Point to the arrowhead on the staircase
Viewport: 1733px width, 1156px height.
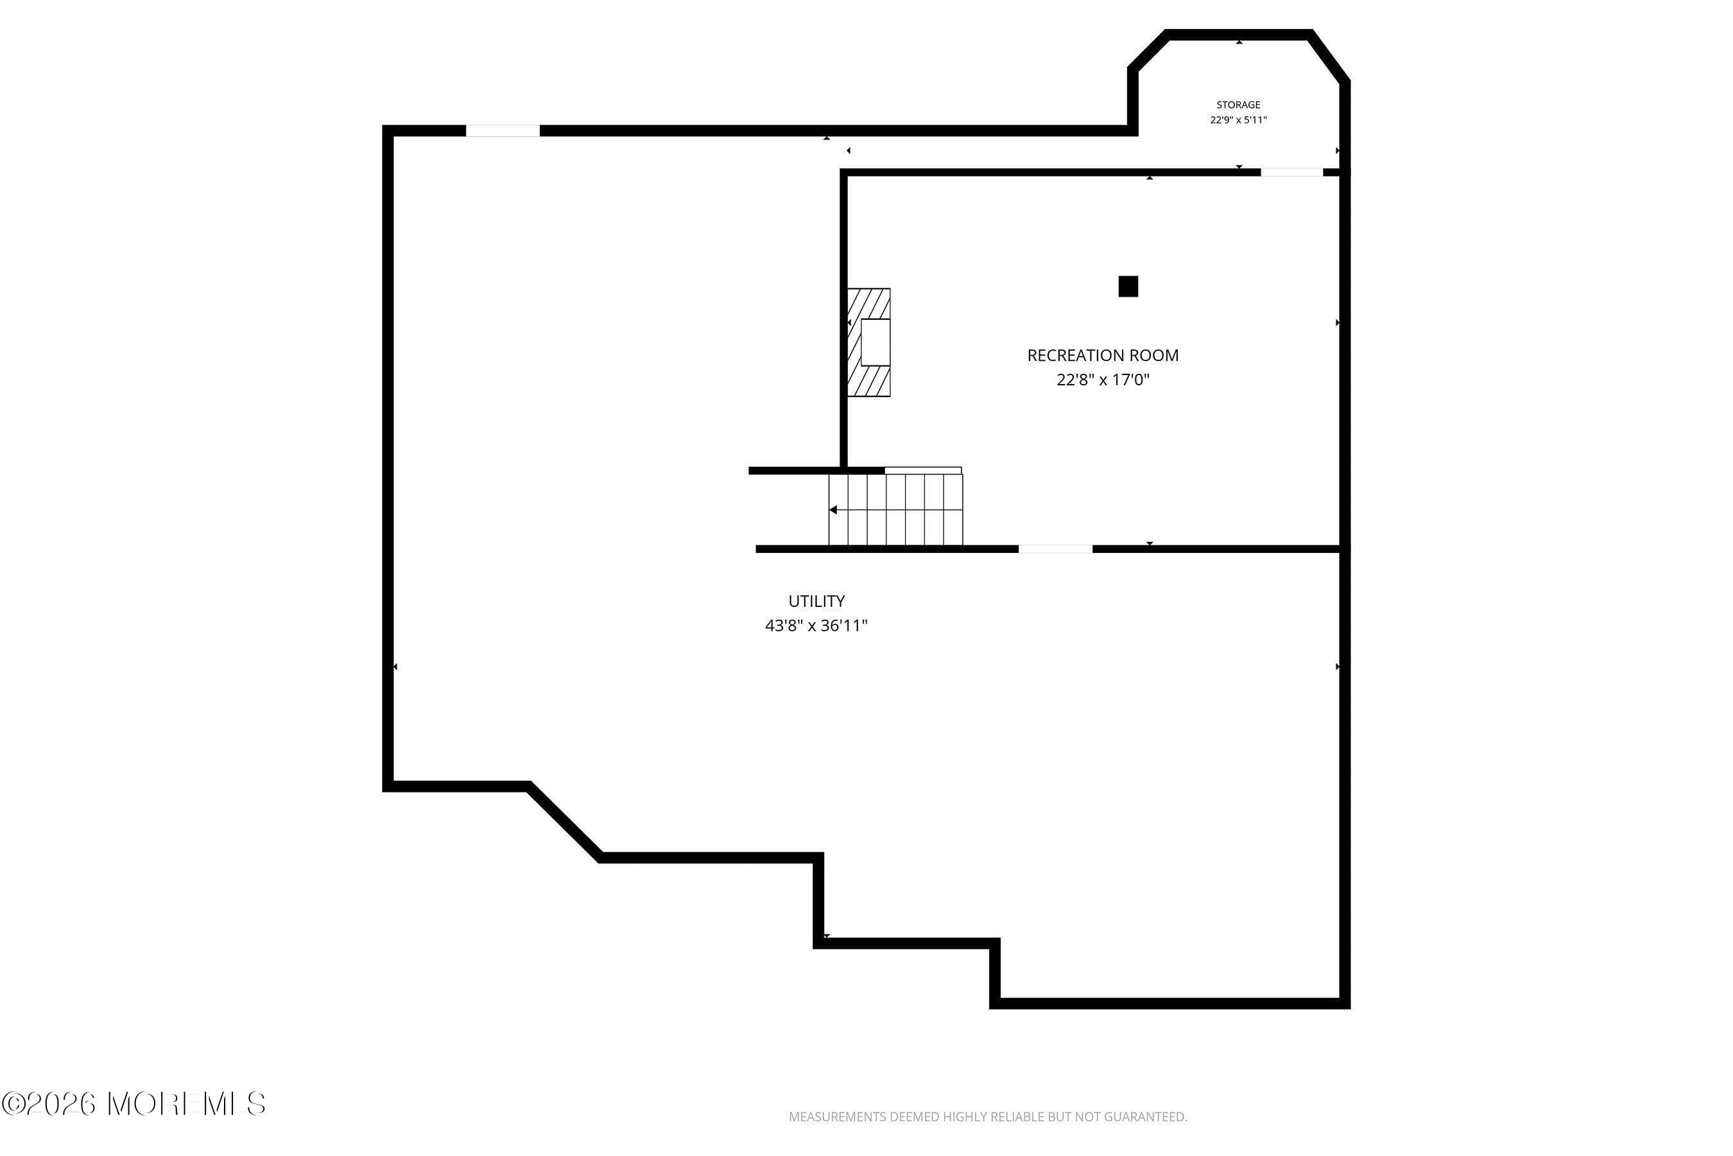click(x=833, y=509)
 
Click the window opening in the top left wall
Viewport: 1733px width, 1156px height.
click(x=503, y=130)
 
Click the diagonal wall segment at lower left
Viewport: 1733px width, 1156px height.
click(x=564, y=821)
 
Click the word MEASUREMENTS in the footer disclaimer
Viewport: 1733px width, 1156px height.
click(x=836, y=1117)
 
